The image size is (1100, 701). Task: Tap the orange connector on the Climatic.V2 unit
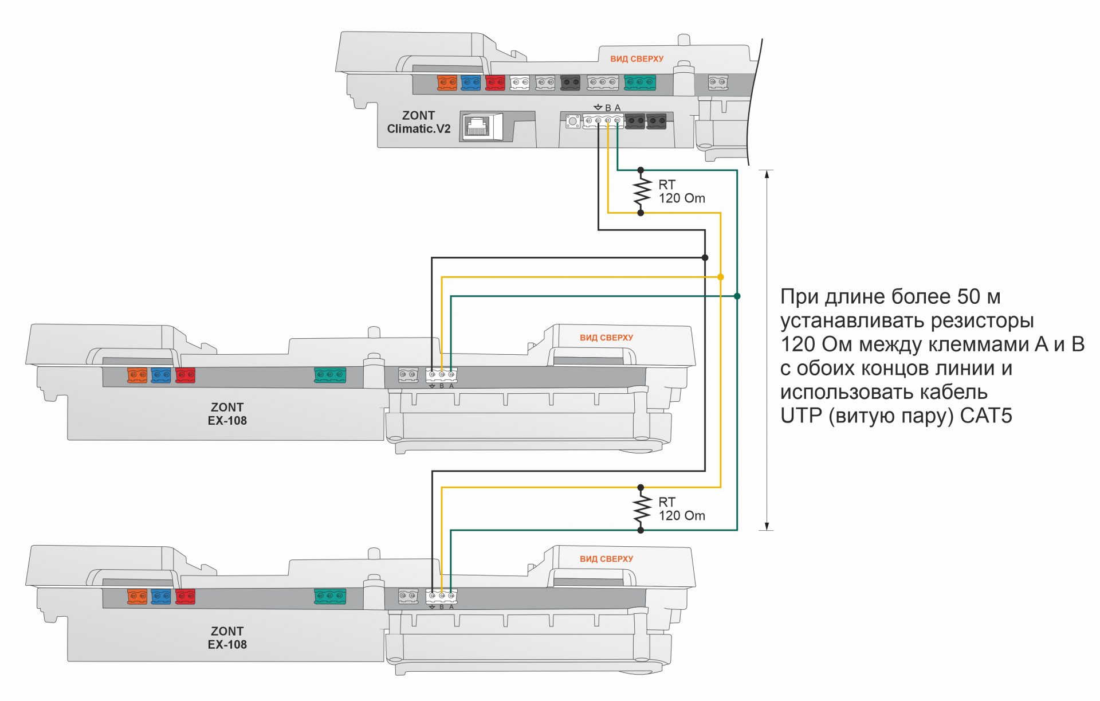(447, 83)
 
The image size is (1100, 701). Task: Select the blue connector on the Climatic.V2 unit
(470, 83)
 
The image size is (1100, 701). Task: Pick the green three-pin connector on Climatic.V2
(639, 83)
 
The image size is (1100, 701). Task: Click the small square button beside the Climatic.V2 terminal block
(572, 121)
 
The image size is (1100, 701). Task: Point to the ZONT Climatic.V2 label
(418, 122)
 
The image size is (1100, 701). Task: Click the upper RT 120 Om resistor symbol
(641, 191)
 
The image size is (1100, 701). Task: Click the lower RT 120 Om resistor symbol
(641, 509)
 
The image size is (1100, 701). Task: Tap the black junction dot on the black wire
(705, 258)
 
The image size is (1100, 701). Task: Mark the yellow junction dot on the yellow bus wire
(721, 277)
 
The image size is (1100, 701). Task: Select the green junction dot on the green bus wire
(737, 296)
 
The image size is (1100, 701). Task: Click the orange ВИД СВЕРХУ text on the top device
(637, 59)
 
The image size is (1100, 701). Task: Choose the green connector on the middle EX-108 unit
(330, 375)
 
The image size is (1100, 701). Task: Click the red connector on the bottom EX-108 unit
(185, 597)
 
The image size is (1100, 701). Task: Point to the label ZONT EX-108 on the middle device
(227, 414)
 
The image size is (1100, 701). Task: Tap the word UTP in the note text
(801, 416)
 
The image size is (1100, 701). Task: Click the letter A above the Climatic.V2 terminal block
(617, 108)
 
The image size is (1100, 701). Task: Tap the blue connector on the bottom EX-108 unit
(161, 597)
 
